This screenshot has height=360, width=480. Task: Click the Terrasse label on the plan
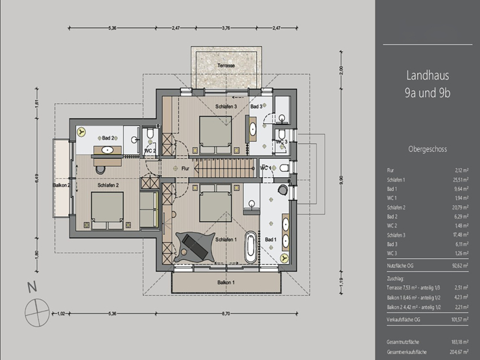(226, 67)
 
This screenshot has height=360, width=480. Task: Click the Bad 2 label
(108, 138)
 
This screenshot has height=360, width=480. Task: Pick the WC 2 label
(150, 150)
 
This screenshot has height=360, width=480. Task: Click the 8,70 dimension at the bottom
(225, 314)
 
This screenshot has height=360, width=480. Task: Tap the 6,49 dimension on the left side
(38, 180)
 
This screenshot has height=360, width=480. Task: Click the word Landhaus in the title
(428, 75)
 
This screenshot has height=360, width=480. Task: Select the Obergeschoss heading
(427, 149)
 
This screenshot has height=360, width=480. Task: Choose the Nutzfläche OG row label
(400, 265)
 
